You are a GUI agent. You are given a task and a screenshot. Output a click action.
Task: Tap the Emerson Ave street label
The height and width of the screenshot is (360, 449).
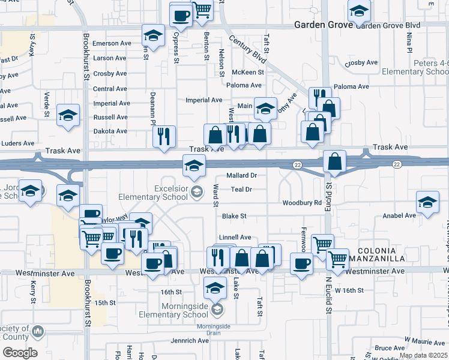tap(112, 43)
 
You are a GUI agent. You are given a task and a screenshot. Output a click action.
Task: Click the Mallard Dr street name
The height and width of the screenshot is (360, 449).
tap(241, 176)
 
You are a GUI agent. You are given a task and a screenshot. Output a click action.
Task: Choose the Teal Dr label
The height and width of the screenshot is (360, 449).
tap(240, 190)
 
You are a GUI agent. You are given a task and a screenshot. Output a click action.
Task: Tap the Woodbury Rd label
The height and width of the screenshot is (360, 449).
tap(302, 203)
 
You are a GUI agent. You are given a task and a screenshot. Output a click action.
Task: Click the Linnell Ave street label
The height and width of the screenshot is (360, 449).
tap(235, 238)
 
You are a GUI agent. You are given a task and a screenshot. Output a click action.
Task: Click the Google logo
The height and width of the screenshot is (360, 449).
tap(20, 353)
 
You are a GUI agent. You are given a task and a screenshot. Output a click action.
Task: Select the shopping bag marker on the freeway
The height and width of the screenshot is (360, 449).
tap(334, 161)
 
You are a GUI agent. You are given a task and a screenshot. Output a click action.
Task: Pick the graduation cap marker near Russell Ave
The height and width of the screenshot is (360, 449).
tap(68, 115)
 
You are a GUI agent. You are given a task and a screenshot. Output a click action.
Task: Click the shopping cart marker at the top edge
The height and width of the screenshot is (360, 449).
tap(202, 9)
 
